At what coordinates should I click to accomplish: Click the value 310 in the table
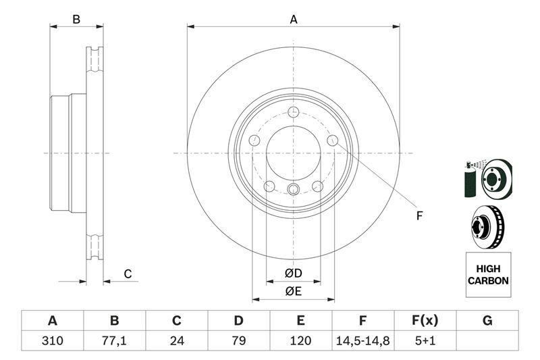click(x=52, y=340)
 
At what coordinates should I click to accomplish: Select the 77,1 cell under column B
click(x=114, y=340)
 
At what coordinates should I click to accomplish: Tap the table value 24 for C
click(x=177, y=340)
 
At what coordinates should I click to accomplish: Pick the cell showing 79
click(x=239, y=340)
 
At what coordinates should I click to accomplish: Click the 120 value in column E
click(x=301, y=340)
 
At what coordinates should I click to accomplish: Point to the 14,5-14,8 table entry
click(x=363, y=340)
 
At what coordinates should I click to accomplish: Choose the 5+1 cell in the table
click(x=425, y=340)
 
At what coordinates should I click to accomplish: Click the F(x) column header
click(x=425, y=321)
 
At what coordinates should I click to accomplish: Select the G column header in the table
click(x=487, y=321)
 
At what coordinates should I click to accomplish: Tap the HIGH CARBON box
click(x=488, y=275)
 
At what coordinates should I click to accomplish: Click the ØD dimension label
click(x=293, y=274)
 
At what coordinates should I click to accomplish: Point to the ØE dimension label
click(x=293, y=291)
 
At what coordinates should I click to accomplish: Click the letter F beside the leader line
click(x=418, y=216)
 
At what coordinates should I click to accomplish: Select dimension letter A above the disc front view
click(x=294, y=20)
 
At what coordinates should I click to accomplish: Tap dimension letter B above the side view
click(x=77, y=20)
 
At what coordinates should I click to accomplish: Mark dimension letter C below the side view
click(x=126, y=274)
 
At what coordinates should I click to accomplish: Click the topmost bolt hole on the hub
click(x=293, y=112)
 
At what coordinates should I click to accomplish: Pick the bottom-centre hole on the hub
click(x=293, y=189)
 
